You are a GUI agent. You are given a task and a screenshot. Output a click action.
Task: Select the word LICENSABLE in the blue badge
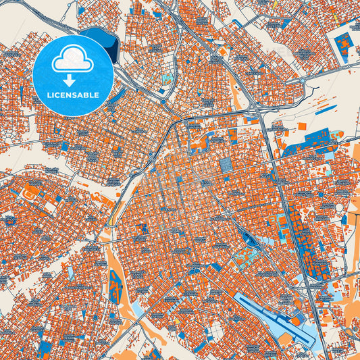click(x=73, y=95)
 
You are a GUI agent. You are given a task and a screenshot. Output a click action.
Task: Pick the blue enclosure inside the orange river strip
click(x=115, y=283)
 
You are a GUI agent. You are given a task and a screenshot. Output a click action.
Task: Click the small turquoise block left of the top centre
click(x=166, y=78)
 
